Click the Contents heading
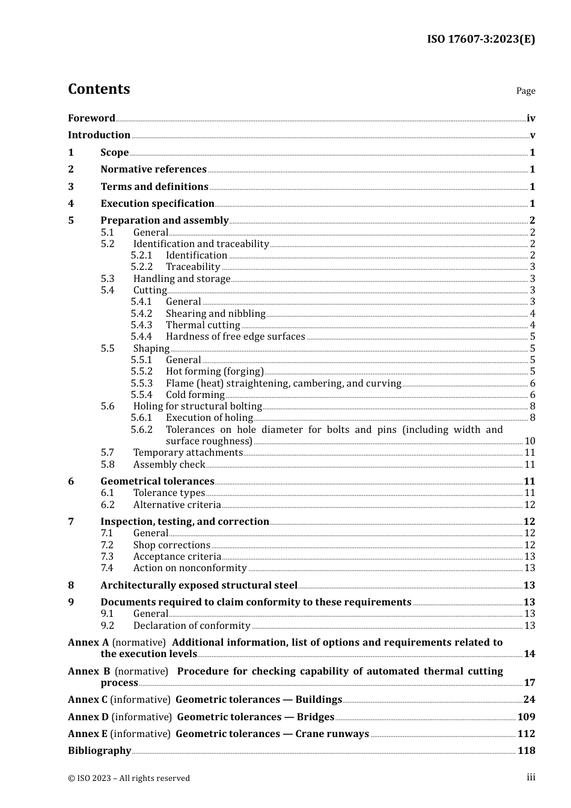[99, 89]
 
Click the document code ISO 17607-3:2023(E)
[481, 40]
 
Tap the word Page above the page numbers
[525, 91]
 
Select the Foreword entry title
[91, 118]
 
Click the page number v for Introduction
[532, 135]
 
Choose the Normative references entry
[153, 170]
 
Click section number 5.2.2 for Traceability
[142, 267]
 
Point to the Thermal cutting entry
[203, 325]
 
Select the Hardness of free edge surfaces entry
[235, 337]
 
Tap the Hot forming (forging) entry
[215, 372]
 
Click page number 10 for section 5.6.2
[530, 441]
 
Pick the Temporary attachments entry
[188, 453]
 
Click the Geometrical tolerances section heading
[157, 482]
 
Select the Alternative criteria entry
[177, 505]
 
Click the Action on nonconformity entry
[189, 568]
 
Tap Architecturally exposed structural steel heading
[198, 586]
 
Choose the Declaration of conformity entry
[191, 626]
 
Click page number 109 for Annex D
[526, 717]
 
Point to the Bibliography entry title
[99, 751]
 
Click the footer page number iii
[531, 777]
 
